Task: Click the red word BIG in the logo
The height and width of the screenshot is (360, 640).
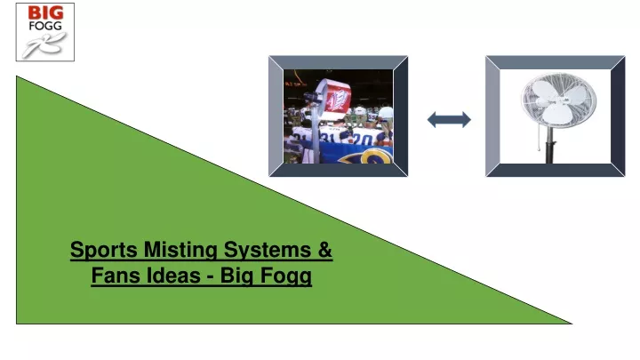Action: (x=45, y=13)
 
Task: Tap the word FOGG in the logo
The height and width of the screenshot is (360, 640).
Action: (x=45, y=26)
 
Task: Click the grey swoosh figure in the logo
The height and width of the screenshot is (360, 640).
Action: (x=44, y=44)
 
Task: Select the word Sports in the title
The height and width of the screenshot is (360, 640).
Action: (x=104, y=250)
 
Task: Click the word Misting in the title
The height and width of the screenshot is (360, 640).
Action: (x=180, y=250)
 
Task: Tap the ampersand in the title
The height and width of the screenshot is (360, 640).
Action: (x=325, y=250)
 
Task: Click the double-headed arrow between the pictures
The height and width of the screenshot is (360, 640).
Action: (x=449, y=120)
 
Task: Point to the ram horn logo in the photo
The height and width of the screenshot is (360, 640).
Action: (x=365, y=156)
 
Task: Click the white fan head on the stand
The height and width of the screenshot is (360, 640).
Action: (x=558, y=100)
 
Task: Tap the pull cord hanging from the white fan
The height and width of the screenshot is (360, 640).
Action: (x=539, y=139)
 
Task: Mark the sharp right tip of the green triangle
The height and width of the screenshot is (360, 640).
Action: (x=572, y=324)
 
